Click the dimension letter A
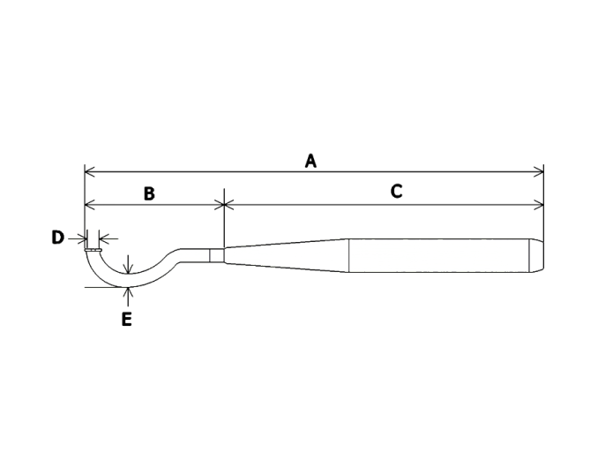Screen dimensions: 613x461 pos(310,161)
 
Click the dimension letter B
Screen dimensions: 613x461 pos(149,193)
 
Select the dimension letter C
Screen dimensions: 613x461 pos(396,192)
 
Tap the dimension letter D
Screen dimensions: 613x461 pos(57,238)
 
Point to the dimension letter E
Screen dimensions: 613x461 pos(126,320)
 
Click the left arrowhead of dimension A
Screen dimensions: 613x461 pos(90,171)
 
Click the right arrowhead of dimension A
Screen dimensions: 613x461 pos(539,171)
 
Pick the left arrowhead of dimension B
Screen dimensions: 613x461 pos(90,204)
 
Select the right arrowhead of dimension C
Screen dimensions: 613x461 pos(539,204)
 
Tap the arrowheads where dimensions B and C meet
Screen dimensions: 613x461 pos(224,204)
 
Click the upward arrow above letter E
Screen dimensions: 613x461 pos(128,297)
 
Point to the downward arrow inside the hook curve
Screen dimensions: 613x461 pos(128,264)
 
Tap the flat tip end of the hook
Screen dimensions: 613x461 pos(93,250)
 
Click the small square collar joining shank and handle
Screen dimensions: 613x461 pos(217,255)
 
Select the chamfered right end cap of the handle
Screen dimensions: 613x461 pos(536,255)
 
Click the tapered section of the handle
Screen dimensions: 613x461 pos(287,255)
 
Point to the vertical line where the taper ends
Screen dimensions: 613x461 pos(348,255)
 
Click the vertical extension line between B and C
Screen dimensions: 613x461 pos(224,218)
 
